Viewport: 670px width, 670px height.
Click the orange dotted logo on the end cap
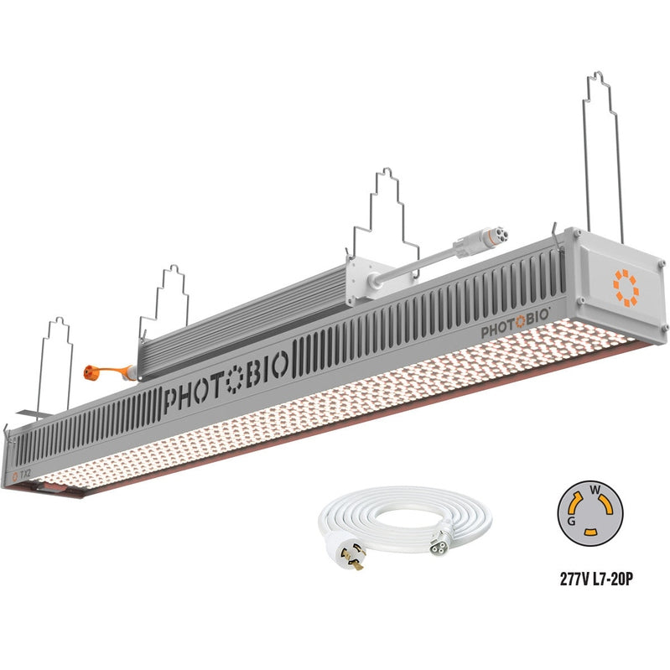[x=626, y=286]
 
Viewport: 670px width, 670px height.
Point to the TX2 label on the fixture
[x=23, y=475]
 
